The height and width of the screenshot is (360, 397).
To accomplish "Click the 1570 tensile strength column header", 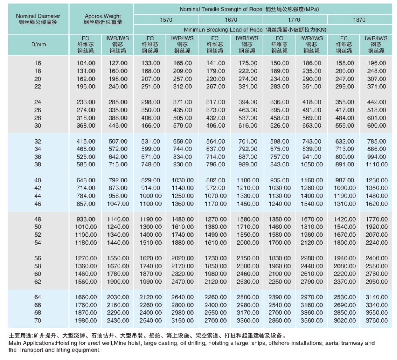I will [166, 20].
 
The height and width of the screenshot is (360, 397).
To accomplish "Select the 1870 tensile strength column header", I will [359, 20].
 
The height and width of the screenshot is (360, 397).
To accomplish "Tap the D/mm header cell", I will [38, 44].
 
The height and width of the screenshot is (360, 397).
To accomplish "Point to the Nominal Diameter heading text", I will [38, 16].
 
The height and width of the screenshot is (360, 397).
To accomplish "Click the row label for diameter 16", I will [38, 63].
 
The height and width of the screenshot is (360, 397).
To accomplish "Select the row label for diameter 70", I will [38, 320].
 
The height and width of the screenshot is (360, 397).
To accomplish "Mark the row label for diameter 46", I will [38, 204].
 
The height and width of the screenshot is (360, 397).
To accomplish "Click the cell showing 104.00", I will [86, 63].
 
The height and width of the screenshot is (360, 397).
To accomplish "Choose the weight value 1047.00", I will [118, 204].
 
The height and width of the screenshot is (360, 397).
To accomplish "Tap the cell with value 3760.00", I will [376, 320].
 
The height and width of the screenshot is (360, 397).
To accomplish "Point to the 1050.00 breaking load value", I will [312, 164].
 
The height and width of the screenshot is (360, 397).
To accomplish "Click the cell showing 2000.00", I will [247, 242].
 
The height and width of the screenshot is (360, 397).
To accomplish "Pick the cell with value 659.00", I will [182, 141].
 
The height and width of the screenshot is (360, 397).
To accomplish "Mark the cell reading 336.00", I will [280, 102].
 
